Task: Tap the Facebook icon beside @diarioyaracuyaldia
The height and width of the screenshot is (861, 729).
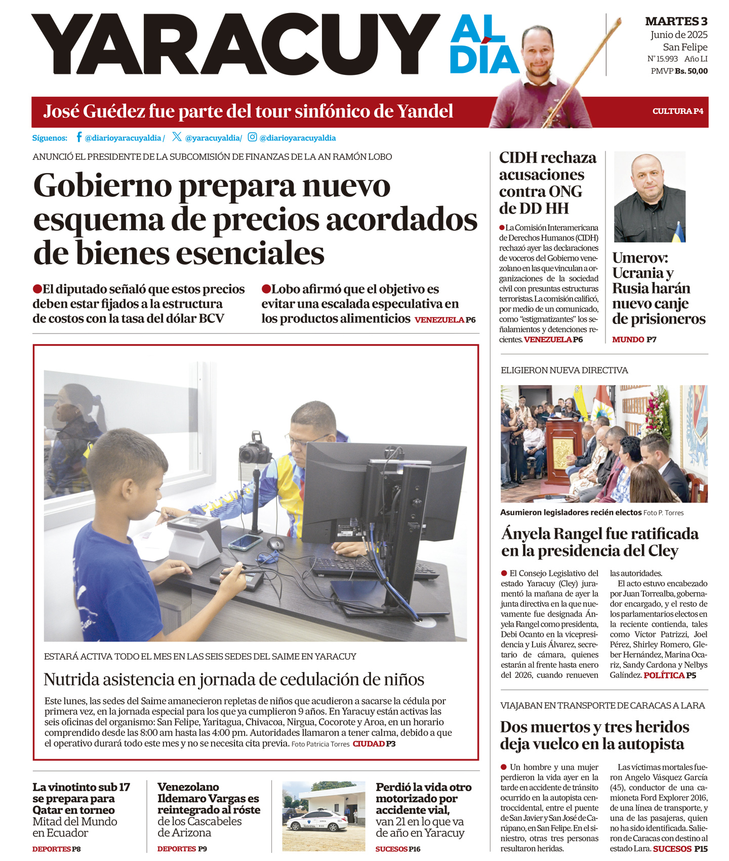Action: (79, 137)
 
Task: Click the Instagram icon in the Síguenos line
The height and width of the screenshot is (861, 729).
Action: (252, 137)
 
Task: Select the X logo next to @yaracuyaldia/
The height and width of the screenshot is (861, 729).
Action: (177, 137)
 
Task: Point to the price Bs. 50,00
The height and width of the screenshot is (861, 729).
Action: (691, 71)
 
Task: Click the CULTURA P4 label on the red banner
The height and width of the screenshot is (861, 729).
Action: (677, 111)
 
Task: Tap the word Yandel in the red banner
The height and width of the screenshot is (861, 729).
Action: (425, 111)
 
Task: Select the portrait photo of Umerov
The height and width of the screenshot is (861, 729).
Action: (650, 197)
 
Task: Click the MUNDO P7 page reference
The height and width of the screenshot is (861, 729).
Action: (634, 340)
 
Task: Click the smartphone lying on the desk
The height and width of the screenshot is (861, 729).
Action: (245, 542)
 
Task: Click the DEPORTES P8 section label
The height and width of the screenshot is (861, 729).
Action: (56, 849)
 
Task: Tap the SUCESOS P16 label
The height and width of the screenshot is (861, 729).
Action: (398, 849)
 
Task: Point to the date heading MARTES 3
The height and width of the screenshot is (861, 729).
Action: (676, 21)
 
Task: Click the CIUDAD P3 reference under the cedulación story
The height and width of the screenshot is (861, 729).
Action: (374, 744)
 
